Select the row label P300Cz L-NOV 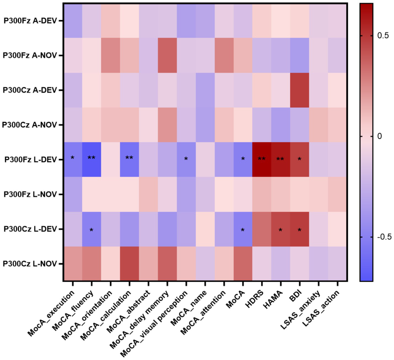click(30, 264)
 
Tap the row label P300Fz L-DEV click(30, 160)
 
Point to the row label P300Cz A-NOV click(29, 125)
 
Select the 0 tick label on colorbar click(380, 136)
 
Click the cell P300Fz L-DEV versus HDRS click(262, 159)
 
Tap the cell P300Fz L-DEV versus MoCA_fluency click(92, 159)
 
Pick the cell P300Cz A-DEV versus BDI click(299, 90)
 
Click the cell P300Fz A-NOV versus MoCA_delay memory click(167, 55)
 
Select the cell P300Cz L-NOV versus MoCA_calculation click(129, 264)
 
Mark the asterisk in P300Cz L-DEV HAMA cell click(280, 230)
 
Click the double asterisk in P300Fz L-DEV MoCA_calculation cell click(129, 158)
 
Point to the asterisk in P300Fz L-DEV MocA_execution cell click(73, 158)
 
